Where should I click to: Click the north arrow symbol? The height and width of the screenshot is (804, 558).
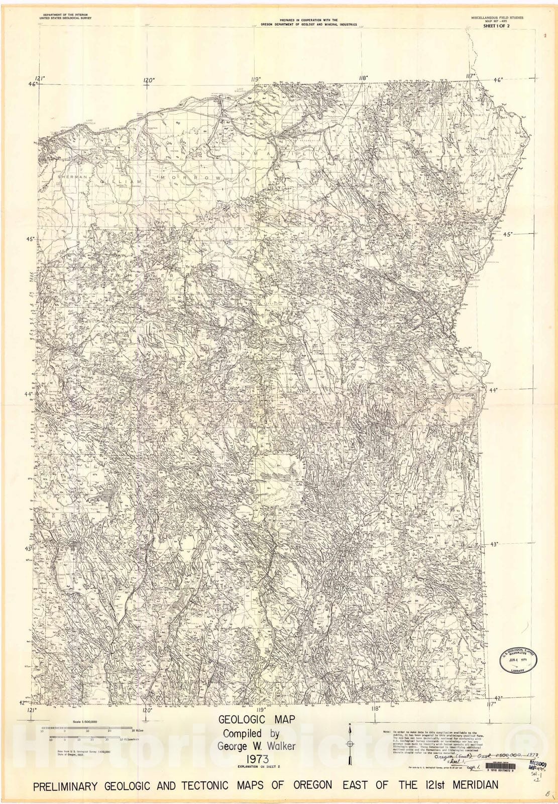point(350,744)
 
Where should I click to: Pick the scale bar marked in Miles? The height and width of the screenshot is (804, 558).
point(87,728)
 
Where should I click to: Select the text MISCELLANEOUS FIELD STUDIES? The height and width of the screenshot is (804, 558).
point(497,17)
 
